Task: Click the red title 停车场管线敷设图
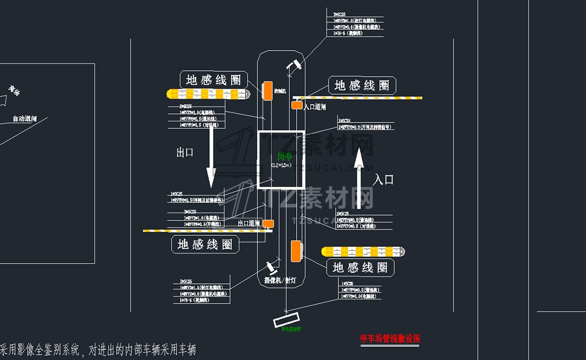point(390,339)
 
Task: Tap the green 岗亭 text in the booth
point(284,156)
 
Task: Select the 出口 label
point(185,153)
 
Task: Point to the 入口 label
point(383,179)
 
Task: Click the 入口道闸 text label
point(315,107)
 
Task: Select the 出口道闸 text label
point(249,224)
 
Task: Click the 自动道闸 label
point(25,119)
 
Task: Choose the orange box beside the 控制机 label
point(267,89)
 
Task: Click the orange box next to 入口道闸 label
point(296,105)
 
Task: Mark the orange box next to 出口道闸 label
point(268,224)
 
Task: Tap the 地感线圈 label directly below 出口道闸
point(205,245)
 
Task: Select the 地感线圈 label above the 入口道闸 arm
point(362,85)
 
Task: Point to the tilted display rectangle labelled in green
point(288,321)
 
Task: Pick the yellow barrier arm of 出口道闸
point(202,231)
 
